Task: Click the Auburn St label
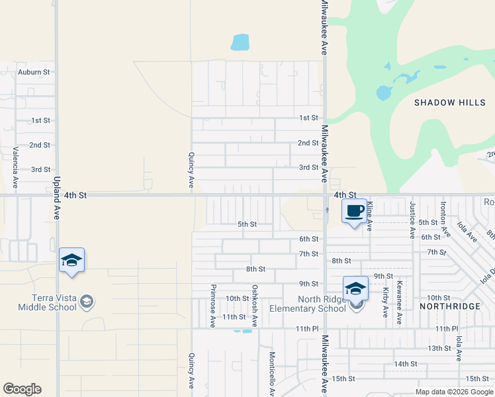34,71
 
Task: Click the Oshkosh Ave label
255,306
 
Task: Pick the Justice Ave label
412,220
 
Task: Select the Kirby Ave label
385,302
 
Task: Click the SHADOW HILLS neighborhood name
450,103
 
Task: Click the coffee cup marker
354,211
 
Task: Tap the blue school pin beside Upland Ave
71,261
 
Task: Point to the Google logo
22,389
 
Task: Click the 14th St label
405,364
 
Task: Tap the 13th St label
439,348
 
